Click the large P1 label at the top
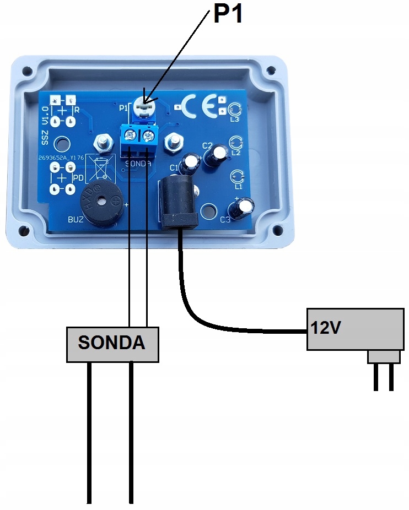[228, 14]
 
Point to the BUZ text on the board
[76, 219]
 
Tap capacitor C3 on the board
[241, 208]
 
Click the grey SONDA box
[112, 344]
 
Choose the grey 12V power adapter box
[353, 329]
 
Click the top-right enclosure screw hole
[271, 71]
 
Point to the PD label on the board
[77, 178]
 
